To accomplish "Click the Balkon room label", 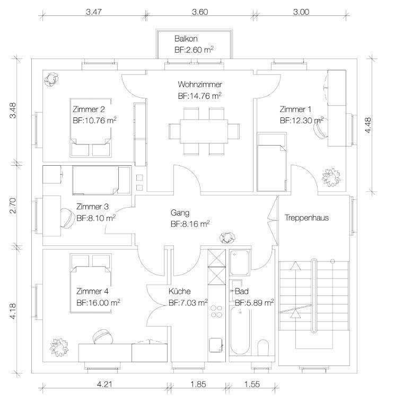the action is (186, 39).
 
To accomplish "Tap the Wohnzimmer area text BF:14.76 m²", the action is (200, 96).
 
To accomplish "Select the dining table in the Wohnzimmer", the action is (204, 131).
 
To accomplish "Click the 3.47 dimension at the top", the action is (94, 12).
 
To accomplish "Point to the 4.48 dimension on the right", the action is (368, 125).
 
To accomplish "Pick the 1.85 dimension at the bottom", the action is (198, 384).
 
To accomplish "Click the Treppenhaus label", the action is (306, 217).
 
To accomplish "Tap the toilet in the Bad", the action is (263, 347).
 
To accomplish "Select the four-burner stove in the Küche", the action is (216, 311).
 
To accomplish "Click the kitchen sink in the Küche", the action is (216, 345).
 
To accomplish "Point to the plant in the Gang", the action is (227, 238).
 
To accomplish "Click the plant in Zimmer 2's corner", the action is (51, 79).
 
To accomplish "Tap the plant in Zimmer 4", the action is (59, 347).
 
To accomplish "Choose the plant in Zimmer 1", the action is (331, 177).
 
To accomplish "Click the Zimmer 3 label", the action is (92, 207).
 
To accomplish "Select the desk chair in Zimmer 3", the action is (67, 218).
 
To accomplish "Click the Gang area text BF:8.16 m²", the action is (190, 224).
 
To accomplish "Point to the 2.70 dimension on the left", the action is (13, 206).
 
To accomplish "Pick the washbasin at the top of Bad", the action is (240, 262).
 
